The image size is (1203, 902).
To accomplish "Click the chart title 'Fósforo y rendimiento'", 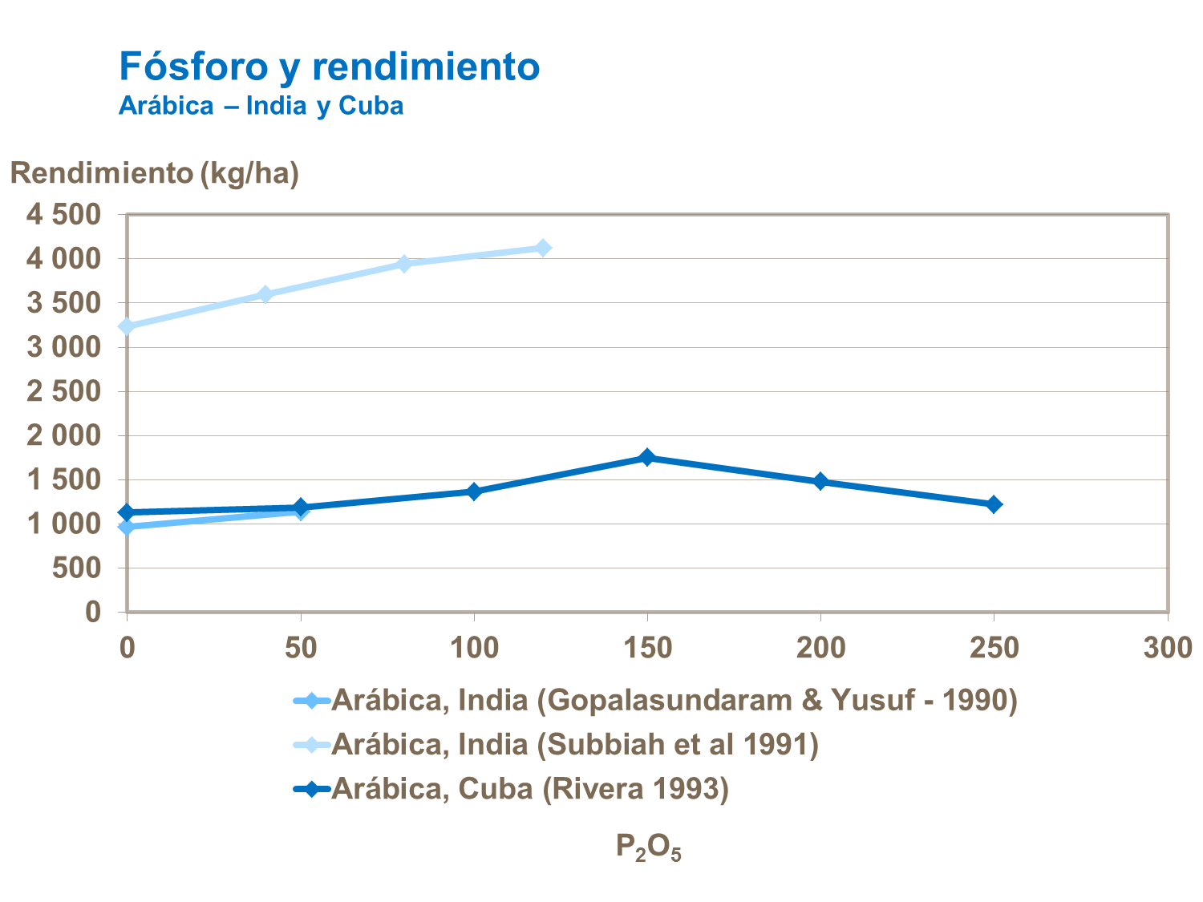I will [329, 66].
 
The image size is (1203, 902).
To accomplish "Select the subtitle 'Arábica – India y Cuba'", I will [261, 106].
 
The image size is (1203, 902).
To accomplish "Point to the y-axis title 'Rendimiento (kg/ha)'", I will [155, 172].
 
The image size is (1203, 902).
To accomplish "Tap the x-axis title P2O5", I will [648, 847].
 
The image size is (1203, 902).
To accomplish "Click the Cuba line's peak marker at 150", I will [647, 457].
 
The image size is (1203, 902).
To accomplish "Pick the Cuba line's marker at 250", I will [994, 504].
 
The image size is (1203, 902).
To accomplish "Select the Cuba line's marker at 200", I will [820, 481].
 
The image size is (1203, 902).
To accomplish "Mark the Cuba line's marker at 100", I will [474, 491].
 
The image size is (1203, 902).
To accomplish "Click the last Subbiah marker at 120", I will [543, 248].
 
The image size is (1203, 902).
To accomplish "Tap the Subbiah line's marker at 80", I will [404, 264].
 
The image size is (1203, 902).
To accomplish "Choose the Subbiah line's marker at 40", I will [265, 294].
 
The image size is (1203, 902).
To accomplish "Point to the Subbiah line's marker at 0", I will [127, 326].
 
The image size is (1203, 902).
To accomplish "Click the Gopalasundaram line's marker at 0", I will [127, 527].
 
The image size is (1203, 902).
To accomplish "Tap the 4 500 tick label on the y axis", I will [63, 215].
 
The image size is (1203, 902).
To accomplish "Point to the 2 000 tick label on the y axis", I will [63, 435].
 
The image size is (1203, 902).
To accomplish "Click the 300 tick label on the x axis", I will [1168, 647].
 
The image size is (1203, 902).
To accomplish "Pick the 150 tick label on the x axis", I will [647, 647].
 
